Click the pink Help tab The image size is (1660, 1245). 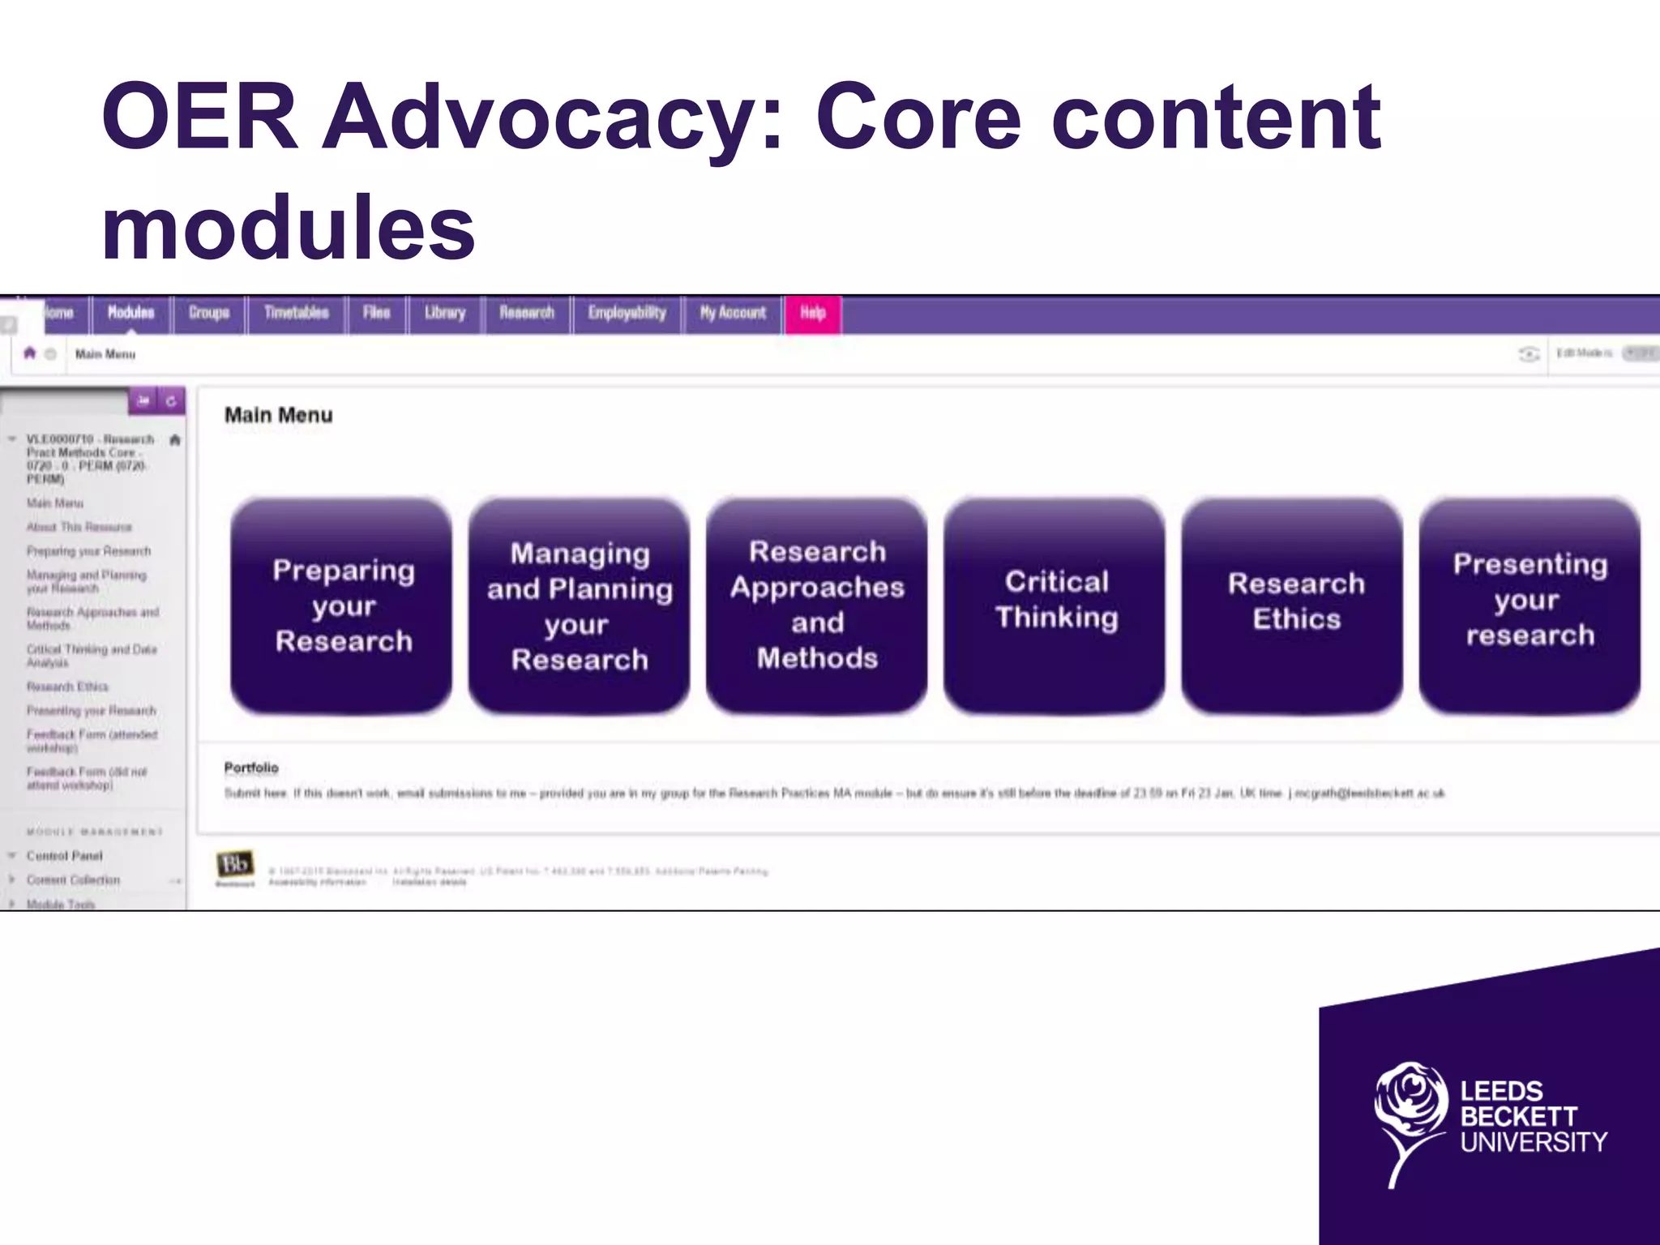(x=813, y=314)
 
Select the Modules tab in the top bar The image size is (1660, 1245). (x=130, y=314)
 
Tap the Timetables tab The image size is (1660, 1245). (x=296, y=314)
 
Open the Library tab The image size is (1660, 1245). (x=445, y=314)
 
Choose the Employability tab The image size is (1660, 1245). (x=627, y=314)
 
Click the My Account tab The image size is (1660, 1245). (x=733, y=314)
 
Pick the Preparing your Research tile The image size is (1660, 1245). (x=342, y=605)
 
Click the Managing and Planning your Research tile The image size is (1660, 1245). (x=580, y=605)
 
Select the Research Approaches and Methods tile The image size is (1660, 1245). (x=817, y=605)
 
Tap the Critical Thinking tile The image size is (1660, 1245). (x=1055, y=605)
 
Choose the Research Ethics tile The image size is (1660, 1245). (x=1294, y=605)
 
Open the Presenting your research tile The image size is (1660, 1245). (x=1530, y=605)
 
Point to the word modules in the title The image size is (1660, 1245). (x=288, y=229)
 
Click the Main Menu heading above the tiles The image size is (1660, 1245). (x=278, y=416)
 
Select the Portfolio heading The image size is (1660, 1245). (x=251, y=768)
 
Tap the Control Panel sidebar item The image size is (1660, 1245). (x=64, y=856)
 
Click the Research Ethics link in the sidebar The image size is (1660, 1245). (x=67, y=687)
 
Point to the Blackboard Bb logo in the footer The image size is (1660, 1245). (x=234, y=865)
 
